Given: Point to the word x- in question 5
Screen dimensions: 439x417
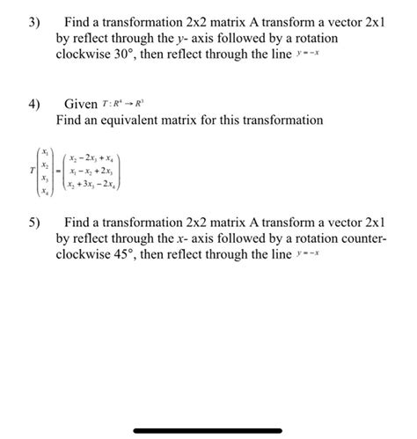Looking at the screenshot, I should coord(208,237).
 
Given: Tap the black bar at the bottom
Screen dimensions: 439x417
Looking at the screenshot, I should coord(208,430).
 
